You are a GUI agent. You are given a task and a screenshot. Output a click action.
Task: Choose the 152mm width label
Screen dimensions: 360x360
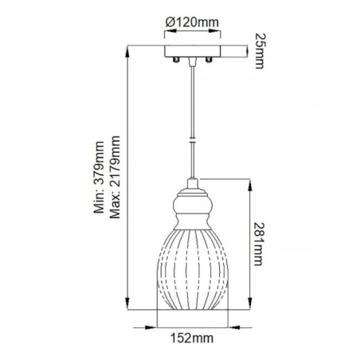click(x=192, y=338)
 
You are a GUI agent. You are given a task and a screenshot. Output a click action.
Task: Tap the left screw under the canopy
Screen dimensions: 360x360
click(x=175, y=61)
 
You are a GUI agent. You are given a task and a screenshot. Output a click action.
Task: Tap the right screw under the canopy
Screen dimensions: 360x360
click(x=208, y=61)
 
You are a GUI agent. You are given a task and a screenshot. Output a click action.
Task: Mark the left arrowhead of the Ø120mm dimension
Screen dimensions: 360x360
click(x=163, y=33)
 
